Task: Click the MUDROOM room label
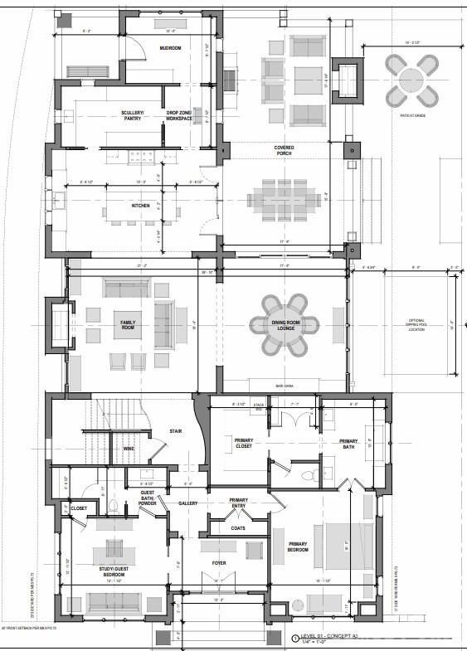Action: [171, 48]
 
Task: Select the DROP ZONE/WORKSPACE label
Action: [178, 115]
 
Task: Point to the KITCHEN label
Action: [139, 206]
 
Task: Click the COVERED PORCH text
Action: [284, 151]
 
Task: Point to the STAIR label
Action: [176, 431]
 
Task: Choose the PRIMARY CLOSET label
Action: [244, 443]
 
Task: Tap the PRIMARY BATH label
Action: [348, 445]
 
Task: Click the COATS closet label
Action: [238, 527]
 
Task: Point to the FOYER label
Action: [219, 563]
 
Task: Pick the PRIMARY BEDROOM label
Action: [297, 547]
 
